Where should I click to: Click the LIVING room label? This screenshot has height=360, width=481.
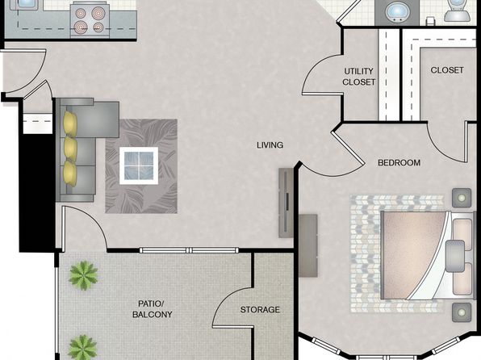point(270,144)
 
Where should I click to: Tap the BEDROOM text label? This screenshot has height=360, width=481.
point(399,163)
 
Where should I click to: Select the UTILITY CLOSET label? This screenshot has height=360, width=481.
point(359,77)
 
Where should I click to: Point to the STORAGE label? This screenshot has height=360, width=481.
point(260,310)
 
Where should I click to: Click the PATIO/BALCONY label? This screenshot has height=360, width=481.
point(153,309)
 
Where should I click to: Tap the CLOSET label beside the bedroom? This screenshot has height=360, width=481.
point(447,70)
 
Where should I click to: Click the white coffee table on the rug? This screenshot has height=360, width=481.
point(139,165)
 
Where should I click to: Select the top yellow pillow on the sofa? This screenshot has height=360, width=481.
point(70,123)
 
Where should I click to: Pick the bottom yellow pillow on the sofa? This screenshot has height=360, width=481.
point(70,174)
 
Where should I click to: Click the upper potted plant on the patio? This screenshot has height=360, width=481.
point(83,275)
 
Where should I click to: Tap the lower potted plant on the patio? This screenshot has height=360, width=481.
point(82,347)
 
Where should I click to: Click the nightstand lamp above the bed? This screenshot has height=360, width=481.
point(462,198)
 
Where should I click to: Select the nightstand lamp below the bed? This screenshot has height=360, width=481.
point(462,312)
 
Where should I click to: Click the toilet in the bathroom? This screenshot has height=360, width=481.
point(457,10)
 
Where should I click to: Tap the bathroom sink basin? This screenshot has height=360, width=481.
point(397,11)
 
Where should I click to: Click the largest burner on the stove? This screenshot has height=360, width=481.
point(98,13)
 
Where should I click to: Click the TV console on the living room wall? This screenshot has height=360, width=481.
point(286,203)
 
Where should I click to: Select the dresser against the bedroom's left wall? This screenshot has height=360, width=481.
point(308,245)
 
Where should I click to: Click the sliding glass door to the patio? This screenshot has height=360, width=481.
point(189,250)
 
